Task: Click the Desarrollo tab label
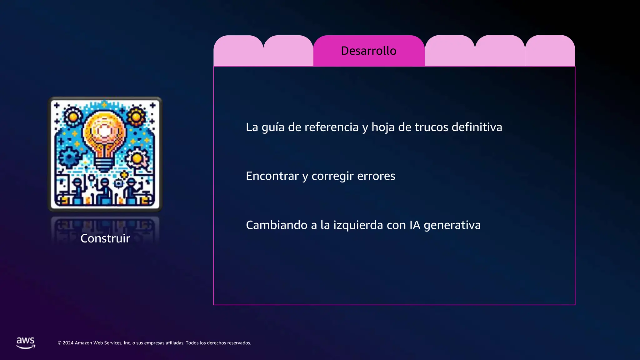pos(368,51)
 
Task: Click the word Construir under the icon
pos(105,238)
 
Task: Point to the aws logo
pos(26,342)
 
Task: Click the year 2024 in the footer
pos(68,343)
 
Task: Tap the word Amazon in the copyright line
pos(83,343)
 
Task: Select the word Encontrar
pos(272,176)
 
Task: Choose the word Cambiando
pos(276,225)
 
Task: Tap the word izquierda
pos(358,225)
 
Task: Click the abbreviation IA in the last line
pos(415,225)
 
